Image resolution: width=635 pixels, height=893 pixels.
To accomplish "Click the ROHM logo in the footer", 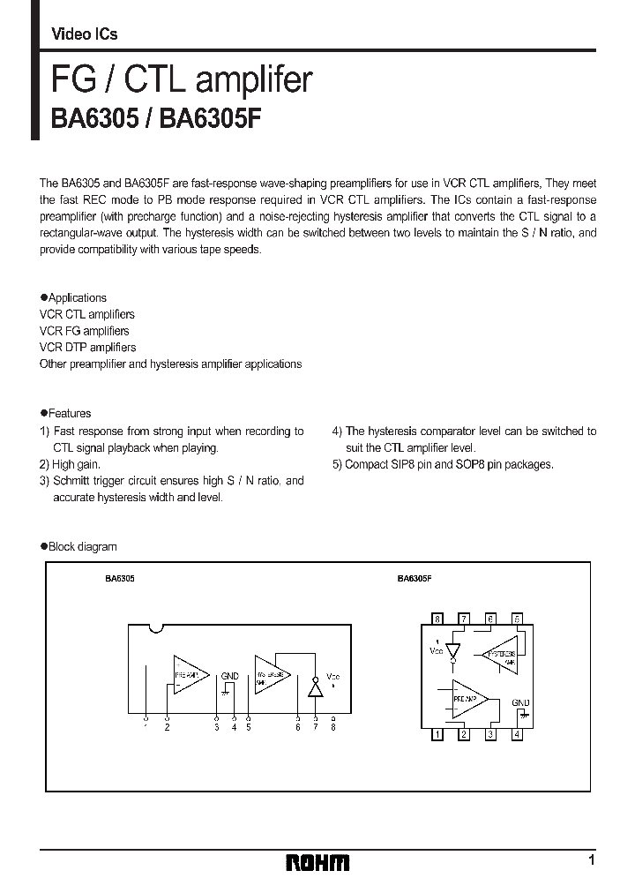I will click(318, 862).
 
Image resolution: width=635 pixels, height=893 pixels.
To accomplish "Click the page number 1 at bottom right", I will click(591, 859).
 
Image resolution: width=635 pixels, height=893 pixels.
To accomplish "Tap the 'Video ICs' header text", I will click(85, 34).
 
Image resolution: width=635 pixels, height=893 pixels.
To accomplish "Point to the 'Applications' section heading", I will click(78, 298).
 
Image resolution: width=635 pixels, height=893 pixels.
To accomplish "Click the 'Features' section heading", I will click(70, 413).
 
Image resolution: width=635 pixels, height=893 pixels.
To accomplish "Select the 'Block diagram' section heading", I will click(82, 547).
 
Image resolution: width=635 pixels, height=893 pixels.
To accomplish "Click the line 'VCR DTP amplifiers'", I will click(88, 348).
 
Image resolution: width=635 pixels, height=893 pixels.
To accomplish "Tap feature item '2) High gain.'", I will click(71, 464).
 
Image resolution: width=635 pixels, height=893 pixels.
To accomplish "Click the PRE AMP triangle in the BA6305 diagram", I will click(190, 675).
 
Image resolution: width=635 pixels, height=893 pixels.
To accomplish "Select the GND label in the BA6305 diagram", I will click(230, 676).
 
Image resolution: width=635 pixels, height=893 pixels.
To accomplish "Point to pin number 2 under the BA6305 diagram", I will click(166, 727).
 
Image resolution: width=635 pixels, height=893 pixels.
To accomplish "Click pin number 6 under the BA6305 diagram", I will click(298, 727).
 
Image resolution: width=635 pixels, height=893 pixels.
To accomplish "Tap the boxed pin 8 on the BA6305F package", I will click(437, 619).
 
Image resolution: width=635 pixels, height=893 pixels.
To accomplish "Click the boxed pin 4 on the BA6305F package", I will click(518, 734).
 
